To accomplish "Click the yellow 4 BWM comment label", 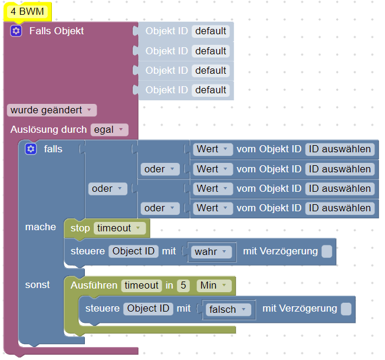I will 27,11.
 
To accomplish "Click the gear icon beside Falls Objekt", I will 16,31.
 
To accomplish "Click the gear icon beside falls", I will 31,149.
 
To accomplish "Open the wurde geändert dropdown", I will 52,110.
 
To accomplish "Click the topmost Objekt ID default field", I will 210,31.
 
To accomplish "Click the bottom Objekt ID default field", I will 210,90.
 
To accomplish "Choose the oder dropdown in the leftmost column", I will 107,189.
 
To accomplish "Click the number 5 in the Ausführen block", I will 184,286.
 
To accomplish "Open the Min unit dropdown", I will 213,286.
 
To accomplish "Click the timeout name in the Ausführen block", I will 142,286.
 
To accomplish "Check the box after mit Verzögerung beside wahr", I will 327,251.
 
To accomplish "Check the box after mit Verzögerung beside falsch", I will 346,309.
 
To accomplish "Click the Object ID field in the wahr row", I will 134,251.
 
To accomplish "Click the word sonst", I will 37,284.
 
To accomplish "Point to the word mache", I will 40,227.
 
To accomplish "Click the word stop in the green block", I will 80,228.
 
